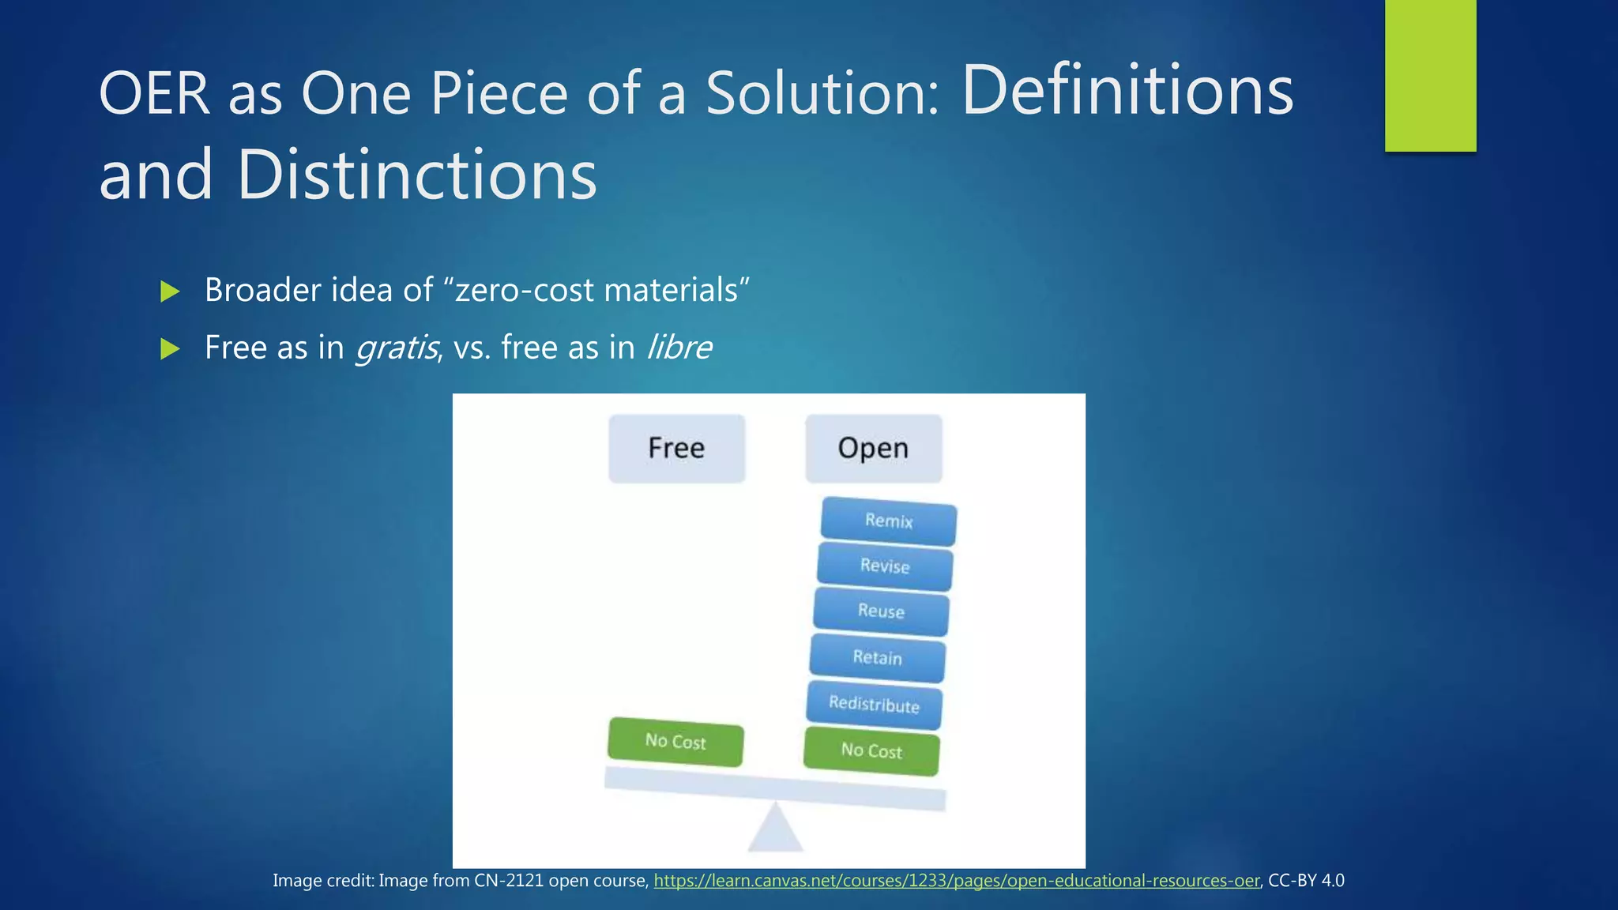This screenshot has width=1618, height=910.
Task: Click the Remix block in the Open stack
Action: click(888, 521)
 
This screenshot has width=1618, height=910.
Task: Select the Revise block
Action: click(885, 566)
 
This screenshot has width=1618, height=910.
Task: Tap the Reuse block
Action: click(881, 611)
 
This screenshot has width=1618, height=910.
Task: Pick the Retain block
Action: click(877, 658)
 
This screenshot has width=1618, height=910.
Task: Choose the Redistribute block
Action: click(874, 704)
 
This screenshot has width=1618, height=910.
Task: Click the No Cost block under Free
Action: click(675, 742)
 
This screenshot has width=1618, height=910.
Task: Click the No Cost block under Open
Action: click(871, 751)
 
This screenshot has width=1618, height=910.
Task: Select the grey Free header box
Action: click(676, 448)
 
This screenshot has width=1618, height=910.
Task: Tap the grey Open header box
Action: click(873, 448)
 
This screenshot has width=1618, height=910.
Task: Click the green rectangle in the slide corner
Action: click(1430, 75)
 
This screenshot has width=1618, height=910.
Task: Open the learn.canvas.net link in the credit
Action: click(956, 881)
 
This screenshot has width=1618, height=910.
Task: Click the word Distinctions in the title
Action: click(416, 175)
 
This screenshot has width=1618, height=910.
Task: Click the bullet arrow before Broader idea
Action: click(170, 291)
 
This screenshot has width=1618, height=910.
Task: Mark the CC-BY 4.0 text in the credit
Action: click(1306, 881)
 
